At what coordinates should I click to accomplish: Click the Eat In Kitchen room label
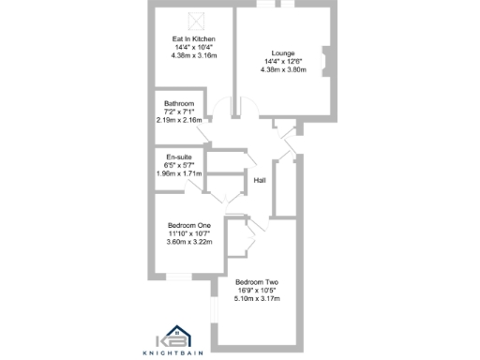tap(193, 38)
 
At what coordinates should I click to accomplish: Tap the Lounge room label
tap(282, 52)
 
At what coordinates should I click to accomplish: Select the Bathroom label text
tap(178, 103)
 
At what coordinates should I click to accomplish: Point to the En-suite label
tap(178, 157)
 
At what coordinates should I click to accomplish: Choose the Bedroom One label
tap(189, 225)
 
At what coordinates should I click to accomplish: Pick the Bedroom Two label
tap(257, 282)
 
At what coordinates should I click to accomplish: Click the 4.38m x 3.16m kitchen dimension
tap(193, 55)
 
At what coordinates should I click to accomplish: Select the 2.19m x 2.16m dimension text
tap(178, 120)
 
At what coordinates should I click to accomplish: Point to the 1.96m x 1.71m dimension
tap(178, 173)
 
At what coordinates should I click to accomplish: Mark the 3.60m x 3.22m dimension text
tap(189, 242)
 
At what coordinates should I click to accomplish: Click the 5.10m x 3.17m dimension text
tap(257, 299)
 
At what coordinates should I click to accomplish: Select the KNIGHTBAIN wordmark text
tap(173, 352)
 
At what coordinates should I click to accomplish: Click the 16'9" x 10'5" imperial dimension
tap(257, 291)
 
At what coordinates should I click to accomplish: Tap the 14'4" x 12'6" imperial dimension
tap(282, 61)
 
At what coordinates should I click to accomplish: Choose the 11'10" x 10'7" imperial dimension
tap(189, 233)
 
